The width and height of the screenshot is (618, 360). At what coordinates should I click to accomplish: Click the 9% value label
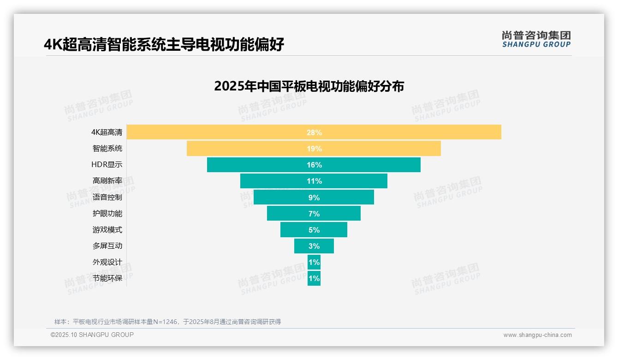click(314, 198)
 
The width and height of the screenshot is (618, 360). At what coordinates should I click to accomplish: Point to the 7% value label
click(314, 214)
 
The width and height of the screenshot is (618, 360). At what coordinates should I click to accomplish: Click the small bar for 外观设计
click(314, 262)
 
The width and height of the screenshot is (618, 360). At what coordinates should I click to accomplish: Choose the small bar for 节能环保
click(314, 278)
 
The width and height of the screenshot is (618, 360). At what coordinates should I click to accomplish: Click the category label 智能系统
click(107, 149)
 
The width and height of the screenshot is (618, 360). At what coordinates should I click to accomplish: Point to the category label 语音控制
click(107, 198)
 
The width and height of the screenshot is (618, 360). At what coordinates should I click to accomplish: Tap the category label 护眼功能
click(107, 214)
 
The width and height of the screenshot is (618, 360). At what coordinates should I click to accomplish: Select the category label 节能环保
click(107, 278)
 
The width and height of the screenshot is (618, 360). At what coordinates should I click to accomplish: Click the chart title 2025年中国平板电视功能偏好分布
click(309, 86)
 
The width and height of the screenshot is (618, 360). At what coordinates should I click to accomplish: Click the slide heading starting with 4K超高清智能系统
click(164, 45)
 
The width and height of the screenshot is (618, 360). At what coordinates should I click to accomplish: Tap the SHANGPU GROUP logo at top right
click(536, 39)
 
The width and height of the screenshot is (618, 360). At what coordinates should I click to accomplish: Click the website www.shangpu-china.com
click(537, 335)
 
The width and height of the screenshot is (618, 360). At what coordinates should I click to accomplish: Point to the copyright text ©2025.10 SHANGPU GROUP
click(92, 335)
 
